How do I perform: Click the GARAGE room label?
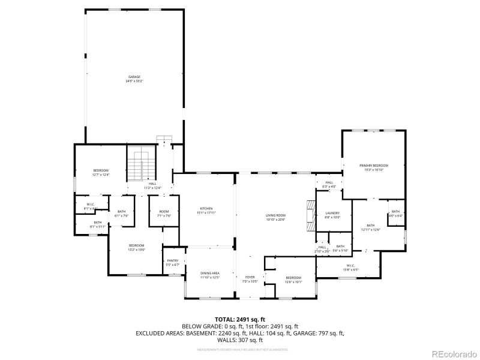[134, 77]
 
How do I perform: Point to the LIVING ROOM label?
[275, 215]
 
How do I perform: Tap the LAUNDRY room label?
[332, 213]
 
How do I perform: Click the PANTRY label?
[172, 260]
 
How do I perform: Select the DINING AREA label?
[209, 273]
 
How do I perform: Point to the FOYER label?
[249, 277]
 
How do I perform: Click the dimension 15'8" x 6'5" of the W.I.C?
[351, 270]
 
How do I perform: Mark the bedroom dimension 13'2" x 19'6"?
[136, 249]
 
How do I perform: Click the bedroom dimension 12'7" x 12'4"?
[100, 175]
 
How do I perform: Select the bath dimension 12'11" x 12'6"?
[371, 230]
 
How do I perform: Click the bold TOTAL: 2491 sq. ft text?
[239, 319]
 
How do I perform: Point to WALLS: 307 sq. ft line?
[239, 339]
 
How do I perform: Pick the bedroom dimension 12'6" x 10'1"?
[293, 281]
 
